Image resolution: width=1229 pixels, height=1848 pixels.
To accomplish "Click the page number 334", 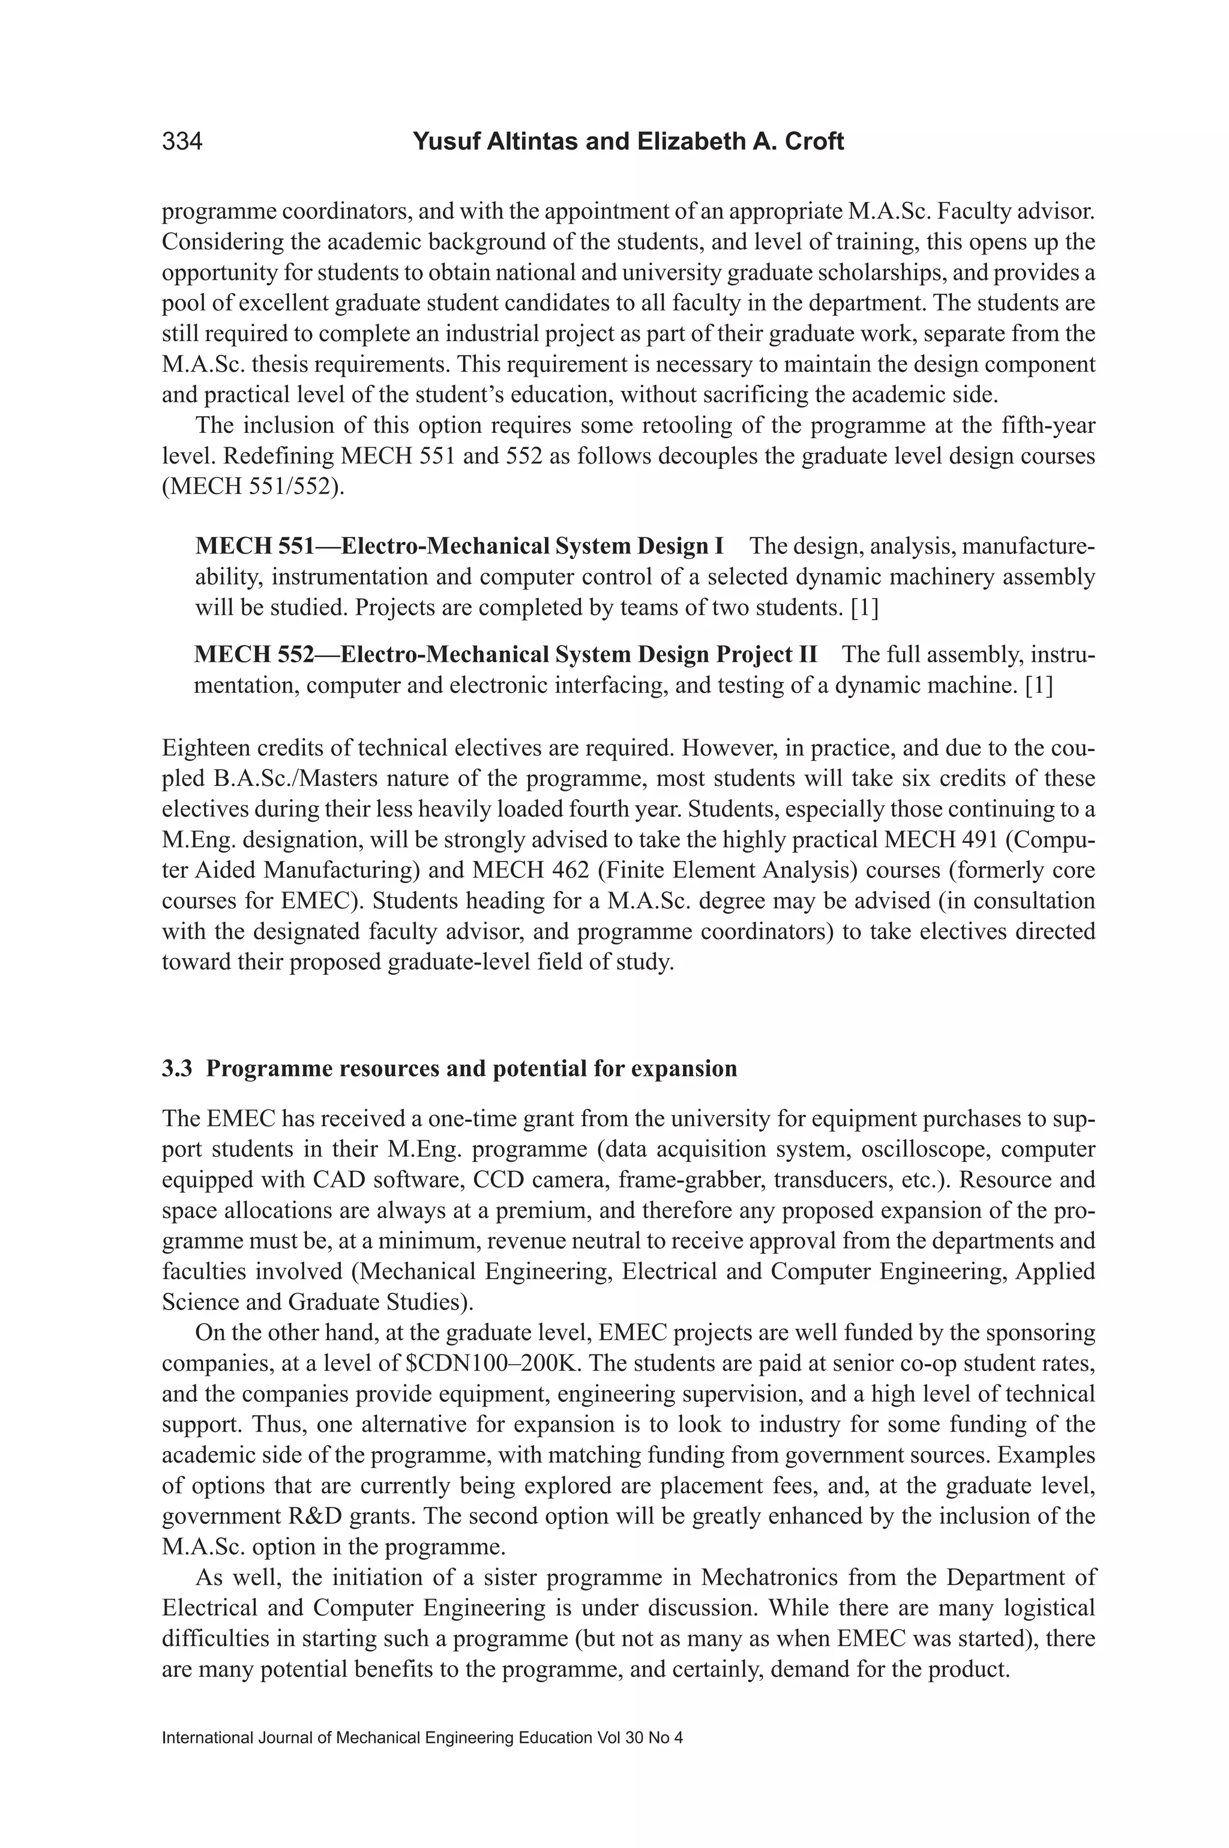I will pyautogui.click(x=182, y=142).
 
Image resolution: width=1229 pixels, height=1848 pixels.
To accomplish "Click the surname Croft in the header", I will pyautogui.click(x=816, y=142).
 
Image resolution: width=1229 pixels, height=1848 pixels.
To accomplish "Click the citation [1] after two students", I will pyautogui.click(x=864, y=608).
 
